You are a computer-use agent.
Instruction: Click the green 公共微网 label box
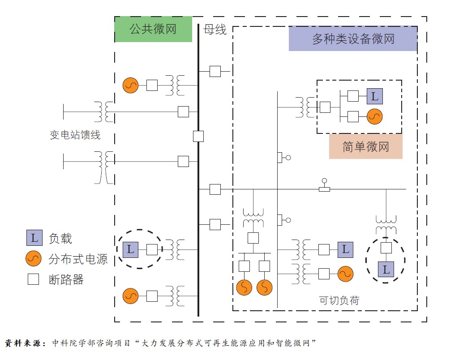pyautogui.click(x=153, y=30)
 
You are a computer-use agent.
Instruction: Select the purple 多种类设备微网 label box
pyautogui.click(x=353, y=39)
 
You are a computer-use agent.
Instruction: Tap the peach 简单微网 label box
pyautogui.click(x=365, y=146)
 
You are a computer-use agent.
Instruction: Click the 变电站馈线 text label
pyautogui.click(x=75, y=134)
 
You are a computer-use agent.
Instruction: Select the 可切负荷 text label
pyautogui.click(x=339, y=300)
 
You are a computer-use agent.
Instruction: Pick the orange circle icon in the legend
pyautogui.click(x=34, y=259)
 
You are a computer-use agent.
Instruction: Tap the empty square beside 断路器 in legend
pyautogui.click(x=34, y=279)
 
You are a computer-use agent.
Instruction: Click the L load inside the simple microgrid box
pyautogui.click(x=375, y=96)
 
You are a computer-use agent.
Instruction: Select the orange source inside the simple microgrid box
pyautogui.click(x=374, y=116)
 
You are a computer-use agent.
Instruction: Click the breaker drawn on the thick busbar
pyautogui.click(x=198, y=136)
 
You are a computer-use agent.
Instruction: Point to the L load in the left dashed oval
pyautogui.click(x=130, y=249)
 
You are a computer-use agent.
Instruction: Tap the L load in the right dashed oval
pyautogui.click(x=386, y=270)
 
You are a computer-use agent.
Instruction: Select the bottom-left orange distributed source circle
pyautogui.click(x=131, y=296)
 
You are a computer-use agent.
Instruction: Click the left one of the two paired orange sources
pyautogui.click(x=244, y=287)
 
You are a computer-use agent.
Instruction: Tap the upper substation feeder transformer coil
pyautogui.click(x=103, y=111)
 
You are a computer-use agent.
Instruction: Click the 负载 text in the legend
pyautogui.click(x=60, y=239)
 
